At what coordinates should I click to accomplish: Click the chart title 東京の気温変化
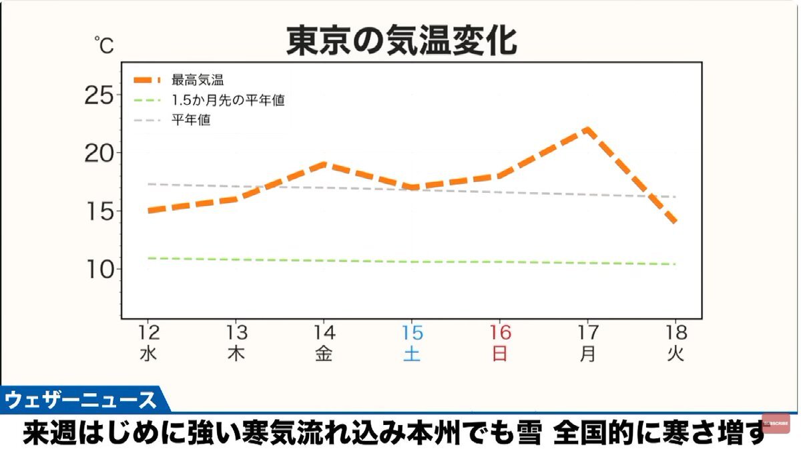pos(401,41)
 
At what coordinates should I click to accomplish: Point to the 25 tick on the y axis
pos(99,95)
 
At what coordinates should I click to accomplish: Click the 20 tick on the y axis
pos(99,153)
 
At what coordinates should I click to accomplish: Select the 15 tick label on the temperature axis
pos(99,211)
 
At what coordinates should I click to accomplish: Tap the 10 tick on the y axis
pos(99,270)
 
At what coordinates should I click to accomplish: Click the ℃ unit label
pos(103,45)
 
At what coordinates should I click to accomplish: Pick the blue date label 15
pos(412,332)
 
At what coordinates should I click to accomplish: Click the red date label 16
pos(500,332)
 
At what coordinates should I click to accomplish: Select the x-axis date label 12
pos(148,332)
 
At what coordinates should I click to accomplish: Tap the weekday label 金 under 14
pos(324,354)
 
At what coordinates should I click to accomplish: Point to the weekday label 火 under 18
pos(676,354)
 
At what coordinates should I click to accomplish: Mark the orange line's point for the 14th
pos(324,163)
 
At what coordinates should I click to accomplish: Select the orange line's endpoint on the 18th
pos(676,221)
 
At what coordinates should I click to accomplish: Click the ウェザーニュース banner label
pos(80,400)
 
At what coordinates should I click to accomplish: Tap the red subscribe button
pos(776,423)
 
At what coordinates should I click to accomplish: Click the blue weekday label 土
pos(412,354)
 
